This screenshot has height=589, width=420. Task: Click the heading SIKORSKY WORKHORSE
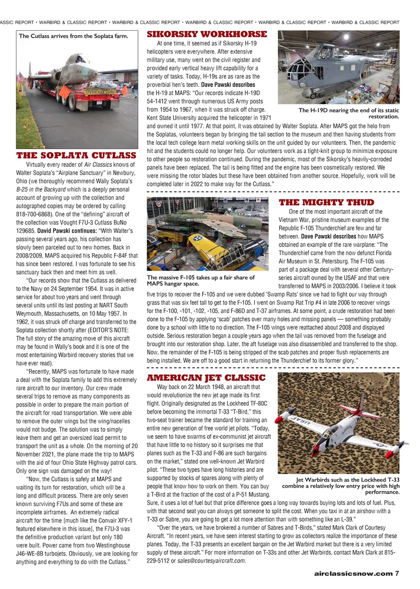click(x=207, y=35)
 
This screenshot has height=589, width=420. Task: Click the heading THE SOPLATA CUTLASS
click(x=76, y=156)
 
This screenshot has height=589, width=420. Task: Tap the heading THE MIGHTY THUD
click(x=326, y=202)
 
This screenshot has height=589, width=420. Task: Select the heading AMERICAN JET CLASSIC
click(x=206, y=378)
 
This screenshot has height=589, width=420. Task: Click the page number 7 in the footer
click(x=397, y=573)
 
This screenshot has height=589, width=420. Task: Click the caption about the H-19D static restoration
click(x=349, y=113)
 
